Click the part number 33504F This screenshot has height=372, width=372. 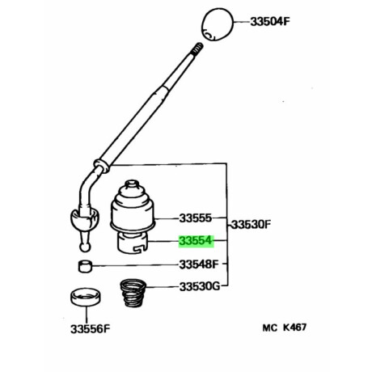270,22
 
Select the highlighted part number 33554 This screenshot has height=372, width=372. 196,241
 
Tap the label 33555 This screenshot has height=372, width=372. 196,218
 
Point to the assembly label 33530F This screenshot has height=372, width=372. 251,224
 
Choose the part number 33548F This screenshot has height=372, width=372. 199,264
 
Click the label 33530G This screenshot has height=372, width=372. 200,286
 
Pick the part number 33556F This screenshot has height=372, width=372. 91,329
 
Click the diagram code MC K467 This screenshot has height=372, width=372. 285,328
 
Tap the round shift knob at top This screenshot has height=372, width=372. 218,24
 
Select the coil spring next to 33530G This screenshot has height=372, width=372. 133,294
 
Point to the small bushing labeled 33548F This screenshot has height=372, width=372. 85,266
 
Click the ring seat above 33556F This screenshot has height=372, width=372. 86,297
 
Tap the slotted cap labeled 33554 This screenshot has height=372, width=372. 133,243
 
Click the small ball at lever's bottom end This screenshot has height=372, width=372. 85,247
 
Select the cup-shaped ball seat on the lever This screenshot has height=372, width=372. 85,218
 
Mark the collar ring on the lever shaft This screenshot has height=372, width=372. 102,165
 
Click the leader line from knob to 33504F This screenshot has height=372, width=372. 242,22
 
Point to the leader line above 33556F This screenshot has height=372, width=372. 87,315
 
